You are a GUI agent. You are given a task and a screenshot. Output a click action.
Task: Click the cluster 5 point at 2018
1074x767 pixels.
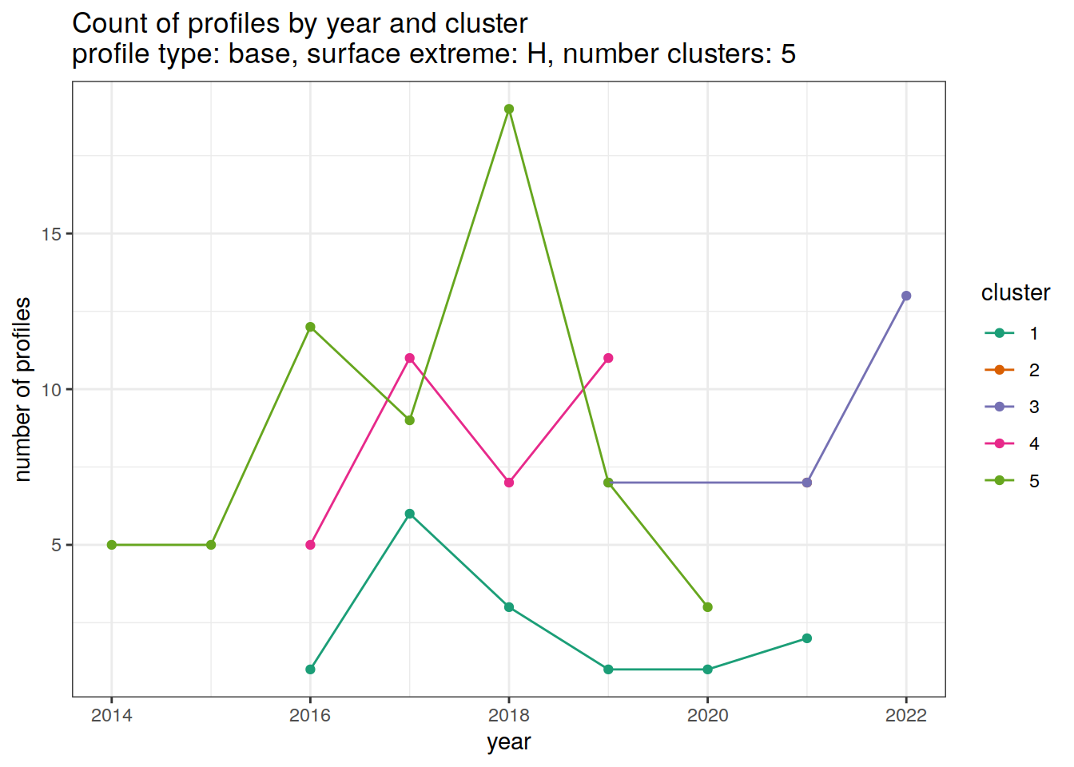(x=509, y=109)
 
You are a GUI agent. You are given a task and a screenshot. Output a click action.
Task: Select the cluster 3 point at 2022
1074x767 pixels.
(x=906, y=296)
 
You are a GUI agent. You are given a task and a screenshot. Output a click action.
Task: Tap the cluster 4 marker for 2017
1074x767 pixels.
(x=410, y=358)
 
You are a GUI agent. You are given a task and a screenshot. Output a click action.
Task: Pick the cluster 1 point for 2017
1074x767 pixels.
(x=410, y=514)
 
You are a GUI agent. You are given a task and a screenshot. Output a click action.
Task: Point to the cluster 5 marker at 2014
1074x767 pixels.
(x=112, y=545)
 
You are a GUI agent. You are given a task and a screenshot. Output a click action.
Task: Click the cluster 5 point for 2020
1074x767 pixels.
(x=708, y=607)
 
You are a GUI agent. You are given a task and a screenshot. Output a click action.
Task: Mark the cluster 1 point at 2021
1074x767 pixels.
(x=807, y=638)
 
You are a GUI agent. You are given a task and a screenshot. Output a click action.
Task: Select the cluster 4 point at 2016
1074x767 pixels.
(x=310, y=545)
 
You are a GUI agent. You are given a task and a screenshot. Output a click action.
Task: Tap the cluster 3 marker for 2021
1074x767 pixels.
(x=807, y=483)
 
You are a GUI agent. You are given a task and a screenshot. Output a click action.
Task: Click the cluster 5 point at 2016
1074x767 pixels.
(x=310, y=327)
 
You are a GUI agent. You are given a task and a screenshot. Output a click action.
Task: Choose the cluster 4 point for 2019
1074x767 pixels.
(x=608, y=358)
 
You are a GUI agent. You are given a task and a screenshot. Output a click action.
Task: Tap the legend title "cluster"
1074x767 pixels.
(x=1015, y=293)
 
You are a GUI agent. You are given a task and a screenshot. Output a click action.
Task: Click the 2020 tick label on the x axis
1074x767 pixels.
(x=708, y=716)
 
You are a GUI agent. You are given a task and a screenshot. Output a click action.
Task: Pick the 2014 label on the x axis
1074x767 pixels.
(x=112, y=716)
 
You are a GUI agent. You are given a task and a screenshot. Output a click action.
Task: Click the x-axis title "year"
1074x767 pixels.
(x=509, y=742)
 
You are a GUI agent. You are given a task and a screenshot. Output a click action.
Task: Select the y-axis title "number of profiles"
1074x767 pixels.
(x=23, y=389)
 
